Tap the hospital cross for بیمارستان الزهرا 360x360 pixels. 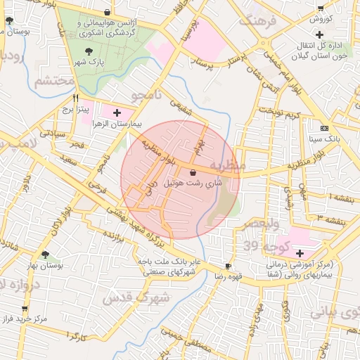(117, 112)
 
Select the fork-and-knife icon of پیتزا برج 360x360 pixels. (76, 98)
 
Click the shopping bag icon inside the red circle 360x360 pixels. (193, 172)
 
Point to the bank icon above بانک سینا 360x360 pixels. (323, 128)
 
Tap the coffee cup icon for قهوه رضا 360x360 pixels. (228, 266)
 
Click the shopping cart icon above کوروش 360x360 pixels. (321, 8)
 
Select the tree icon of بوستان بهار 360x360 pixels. (46, 255)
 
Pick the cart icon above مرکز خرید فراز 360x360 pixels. (25, 309)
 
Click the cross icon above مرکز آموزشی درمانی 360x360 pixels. (300, 253)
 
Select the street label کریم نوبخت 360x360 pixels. (280, 114)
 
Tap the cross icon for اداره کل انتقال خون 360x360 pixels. (320, 34)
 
